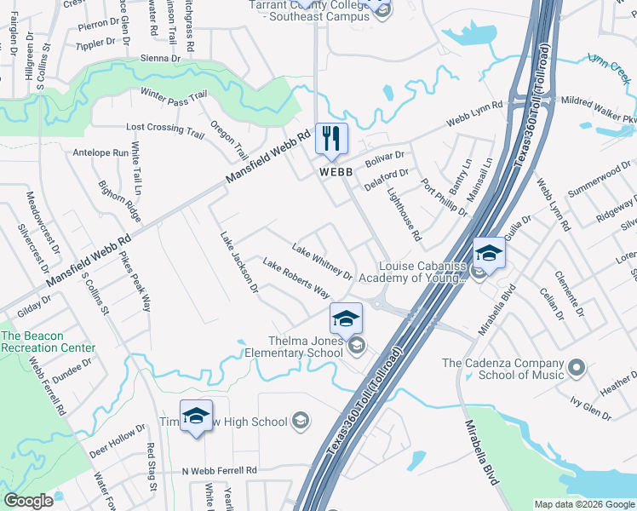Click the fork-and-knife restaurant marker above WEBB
coord(332,139)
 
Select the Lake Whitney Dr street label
coord(322,262)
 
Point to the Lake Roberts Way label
coord(296,278)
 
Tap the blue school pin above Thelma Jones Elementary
coord(346,319)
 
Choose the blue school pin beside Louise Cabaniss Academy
coord(489,253)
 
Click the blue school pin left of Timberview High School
coord(196,416)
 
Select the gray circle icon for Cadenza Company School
coord(577,368)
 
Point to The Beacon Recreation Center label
coord(48,342)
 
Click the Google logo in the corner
coord(29,501)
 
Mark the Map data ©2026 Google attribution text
coord(584,504)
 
